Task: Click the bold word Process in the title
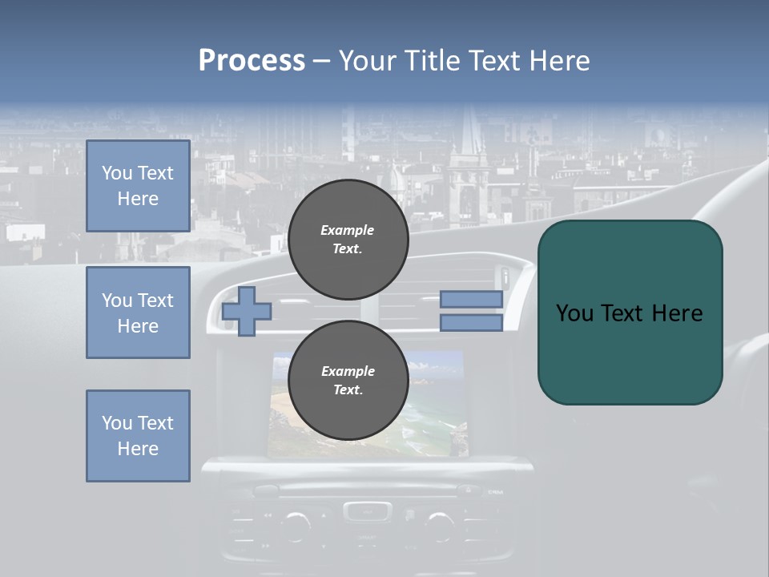tap(252, 61)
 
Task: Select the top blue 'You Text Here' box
tap(138, 186)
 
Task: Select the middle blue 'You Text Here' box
tap(138, 313)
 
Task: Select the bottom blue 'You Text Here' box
tap(138, 436)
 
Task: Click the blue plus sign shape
tap(247, 311)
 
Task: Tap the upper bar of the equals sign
tap(471, 299)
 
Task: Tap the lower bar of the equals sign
tap(471, 323)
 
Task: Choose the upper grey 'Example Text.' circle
tap(348, 239)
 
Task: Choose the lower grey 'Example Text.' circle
tap(348, 380)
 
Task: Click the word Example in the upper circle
tap(347, 230)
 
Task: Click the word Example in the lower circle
tap(347, 371)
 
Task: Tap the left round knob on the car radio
tap(296, 525)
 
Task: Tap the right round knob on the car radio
tap(438, 525)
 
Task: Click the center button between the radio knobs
tap(368, 510)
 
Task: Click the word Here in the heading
tap(560, 61)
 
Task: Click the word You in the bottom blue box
tap(115, 423)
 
